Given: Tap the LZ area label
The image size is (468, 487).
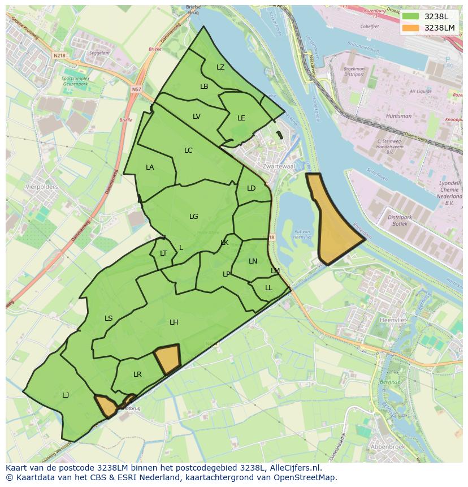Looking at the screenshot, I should pos(220,67).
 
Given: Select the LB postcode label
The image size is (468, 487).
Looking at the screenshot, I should pos(204,87).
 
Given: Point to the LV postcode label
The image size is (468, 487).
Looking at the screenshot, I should pos(196,117).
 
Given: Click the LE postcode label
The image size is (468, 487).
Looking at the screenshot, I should pos(241,118).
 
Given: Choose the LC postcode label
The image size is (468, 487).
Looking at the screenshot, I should pos(188,150).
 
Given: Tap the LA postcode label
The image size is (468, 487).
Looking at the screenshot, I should pos(150,167).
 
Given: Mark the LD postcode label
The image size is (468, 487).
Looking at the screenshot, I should pos(251,188).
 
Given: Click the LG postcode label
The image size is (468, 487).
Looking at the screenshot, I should pos(194,217).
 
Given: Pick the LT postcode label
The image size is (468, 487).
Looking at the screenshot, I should pos(163,253).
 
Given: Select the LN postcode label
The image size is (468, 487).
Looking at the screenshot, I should pos(253,261).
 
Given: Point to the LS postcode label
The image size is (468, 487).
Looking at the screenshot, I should pos(109,318).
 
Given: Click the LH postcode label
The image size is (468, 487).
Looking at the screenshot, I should pos(174,322).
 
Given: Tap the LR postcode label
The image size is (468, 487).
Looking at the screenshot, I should pos(137,374).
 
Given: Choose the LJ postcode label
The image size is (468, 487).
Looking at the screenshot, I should pos(66,395).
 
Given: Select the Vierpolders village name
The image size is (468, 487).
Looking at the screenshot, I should pos(42,186).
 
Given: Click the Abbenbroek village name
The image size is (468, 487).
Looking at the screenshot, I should pos(387,446).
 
